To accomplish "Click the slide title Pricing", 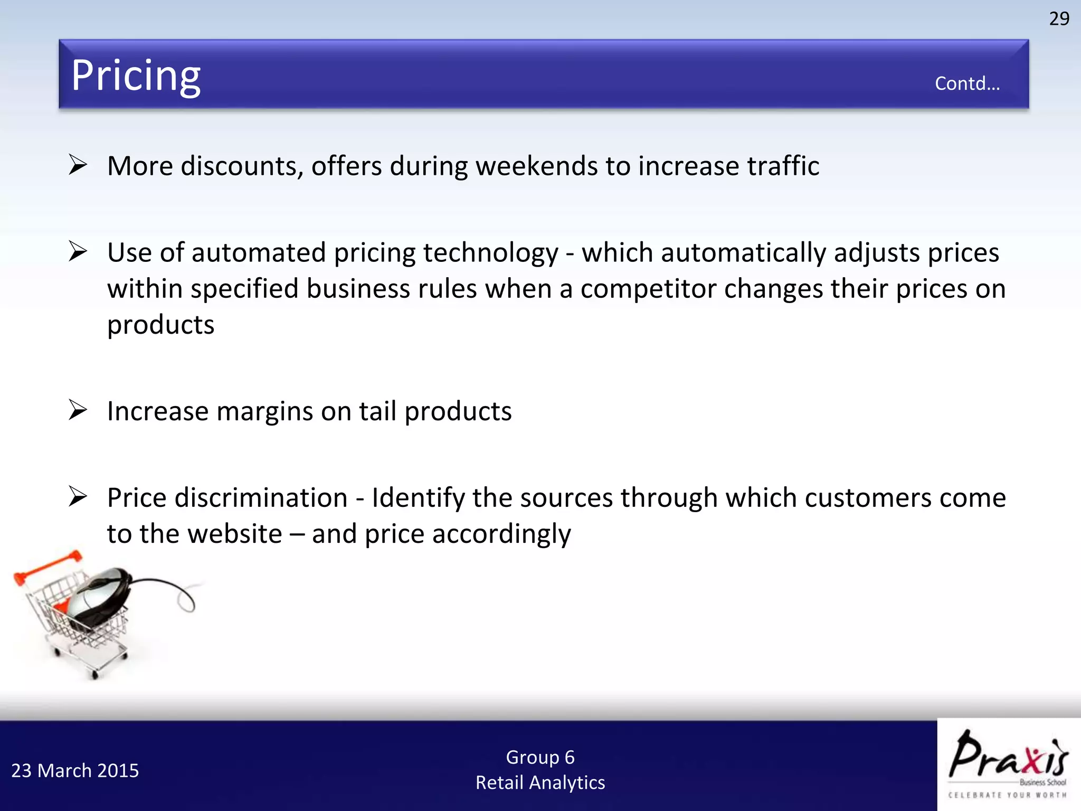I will pos(136,76).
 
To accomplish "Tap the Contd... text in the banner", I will pos(967,83).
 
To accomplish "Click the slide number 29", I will pos(1059,19).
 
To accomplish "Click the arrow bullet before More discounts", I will pos(78,165).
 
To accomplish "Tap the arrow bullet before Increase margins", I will pos(78,410).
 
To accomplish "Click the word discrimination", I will pos(261,498).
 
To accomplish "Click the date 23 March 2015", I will pos(75,771).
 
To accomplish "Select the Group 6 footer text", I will pos(540,757).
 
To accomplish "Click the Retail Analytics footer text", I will pos(540,782).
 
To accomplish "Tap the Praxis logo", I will pos(1008,763).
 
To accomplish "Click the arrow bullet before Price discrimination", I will pos(78,497).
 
